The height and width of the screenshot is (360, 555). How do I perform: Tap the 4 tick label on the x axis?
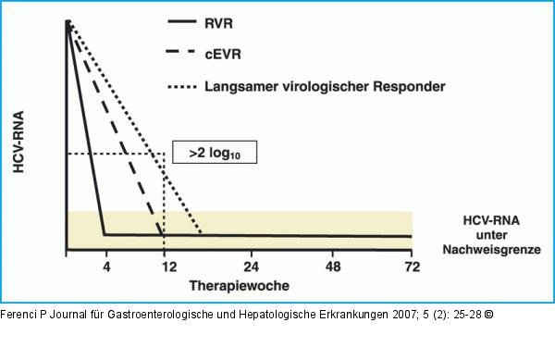107,267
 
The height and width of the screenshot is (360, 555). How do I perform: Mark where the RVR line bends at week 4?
105,234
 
